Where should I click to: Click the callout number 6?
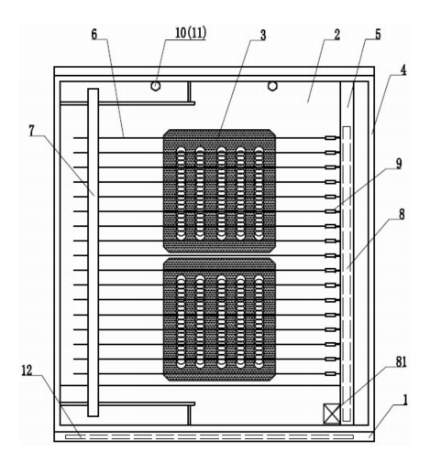pyautogui.click(x=94, y=35)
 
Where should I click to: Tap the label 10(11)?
pyautogui.click(x=191, y=33)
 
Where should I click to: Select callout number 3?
pyautogui.click(x=263, y=35)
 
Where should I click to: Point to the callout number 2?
pyautogui.click(x=336, y=35)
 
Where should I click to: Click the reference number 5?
pyautogui.click(x=378, y=35)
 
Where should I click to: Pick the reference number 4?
pyautogui.click(x=403, y=70)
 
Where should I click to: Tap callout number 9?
pyautogui.click(x=399, y=164)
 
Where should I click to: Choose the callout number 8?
pyautogui.click(x=402, y=214)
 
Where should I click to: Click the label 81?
pyautogui.click(x=402, y=361)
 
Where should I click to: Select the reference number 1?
pyautogui.click(x=405, y=400)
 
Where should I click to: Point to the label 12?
pyautogui.click(x=27, y=370)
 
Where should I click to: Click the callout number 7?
pyautogui.click(x=32, y=131)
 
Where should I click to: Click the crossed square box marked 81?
pyautogui.click(x=332, y=413)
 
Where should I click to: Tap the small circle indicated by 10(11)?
pyautogui.click(x=156, y=86)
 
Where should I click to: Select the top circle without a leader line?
pyautogui.click(x=272, y=86)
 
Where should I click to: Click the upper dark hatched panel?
pyautogui.click(x=219, y=191)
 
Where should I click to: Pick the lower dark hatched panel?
pyautogui.click(x=219, y=319)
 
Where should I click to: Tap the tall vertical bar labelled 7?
pyautogui.click(x=94, y=252)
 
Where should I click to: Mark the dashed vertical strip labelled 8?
pyautogui.click(x=347, y=274)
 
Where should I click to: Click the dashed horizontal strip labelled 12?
pyautogui.click(x=209, y=437)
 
